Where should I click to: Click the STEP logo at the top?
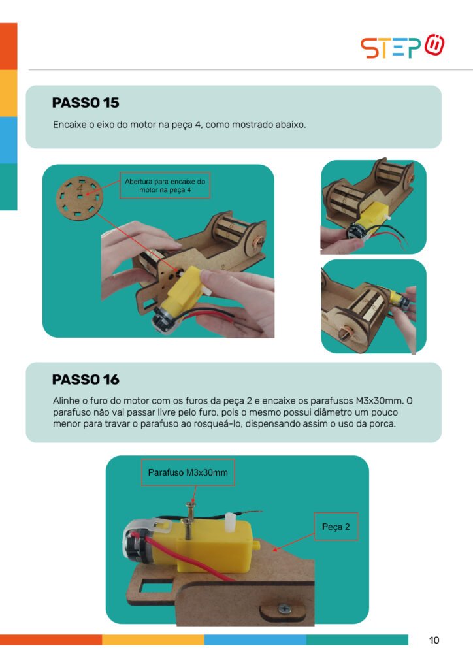402,46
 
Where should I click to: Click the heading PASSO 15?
86,103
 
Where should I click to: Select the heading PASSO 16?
86,380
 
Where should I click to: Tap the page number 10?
434,640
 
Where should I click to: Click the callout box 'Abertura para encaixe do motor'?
165,186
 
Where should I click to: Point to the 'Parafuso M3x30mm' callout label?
188,472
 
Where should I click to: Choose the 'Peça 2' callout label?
336,527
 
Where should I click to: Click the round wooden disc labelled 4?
79,197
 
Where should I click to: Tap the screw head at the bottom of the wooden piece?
284,609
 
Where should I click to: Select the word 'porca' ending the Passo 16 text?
384,424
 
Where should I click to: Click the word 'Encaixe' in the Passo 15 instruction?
69,125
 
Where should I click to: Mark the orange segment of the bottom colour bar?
51,640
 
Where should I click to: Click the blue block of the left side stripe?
8,140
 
